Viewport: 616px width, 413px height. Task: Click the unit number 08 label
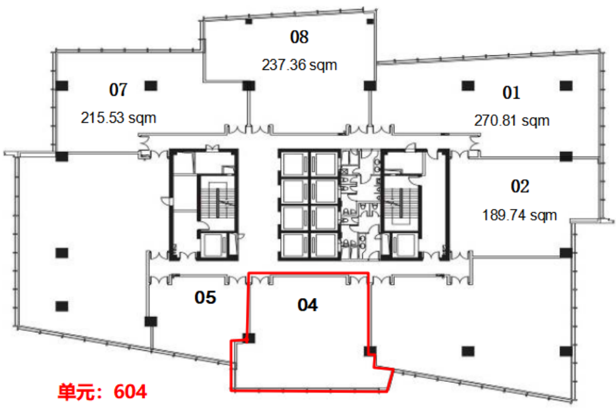pyautogui.click(x=300, y=37)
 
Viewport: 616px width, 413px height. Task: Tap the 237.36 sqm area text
pyautogui.click(x=300, y=65)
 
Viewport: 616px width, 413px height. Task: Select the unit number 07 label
pyautogui.click(x=118, y=90)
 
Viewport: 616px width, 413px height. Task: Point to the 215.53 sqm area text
pyautogui.click(x=118, y=117)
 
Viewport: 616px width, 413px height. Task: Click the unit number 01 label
pyautogui.click(x=511, y=93)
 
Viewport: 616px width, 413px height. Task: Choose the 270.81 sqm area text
pyautogui.click(x=512, y=120)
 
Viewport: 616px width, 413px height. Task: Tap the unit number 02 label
pyautogui.click(x=520, y=186)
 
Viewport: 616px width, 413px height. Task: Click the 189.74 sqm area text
pyautogui.click(x=520, y=215)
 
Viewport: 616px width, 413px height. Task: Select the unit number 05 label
pyautogui.click(x=205, y=297)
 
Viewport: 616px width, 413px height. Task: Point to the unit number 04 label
pyautogui.click(x=307, y=305)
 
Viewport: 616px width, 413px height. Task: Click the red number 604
pyautogui.click(x=130, y=392)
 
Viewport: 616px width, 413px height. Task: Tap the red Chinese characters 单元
pyautogui.click(x=76, y=392)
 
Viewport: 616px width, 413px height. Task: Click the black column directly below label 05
pyautogui.click(x=151, y=321)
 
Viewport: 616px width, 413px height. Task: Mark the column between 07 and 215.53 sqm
pyautogui.click(x=151, y=85)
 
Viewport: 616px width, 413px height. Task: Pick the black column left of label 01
pyautogui.click(x=468, y=85)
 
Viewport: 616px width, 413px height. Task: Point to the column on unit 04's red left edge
pyautogui.click(x=249, y=338)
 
